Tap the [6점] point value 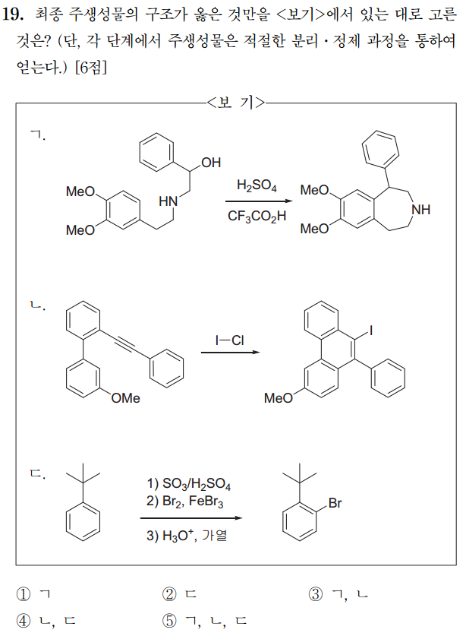(x=93, y=67)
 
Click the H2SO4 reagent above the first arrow (x=257, y=185)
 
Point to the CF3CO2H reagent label (x=257, y=217)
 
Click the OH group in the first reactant (x=211, y=162)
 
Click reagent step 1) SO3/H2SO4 (x=189, y=485)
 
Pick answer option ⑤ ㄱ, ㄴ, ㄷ (x=205, y=619)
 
